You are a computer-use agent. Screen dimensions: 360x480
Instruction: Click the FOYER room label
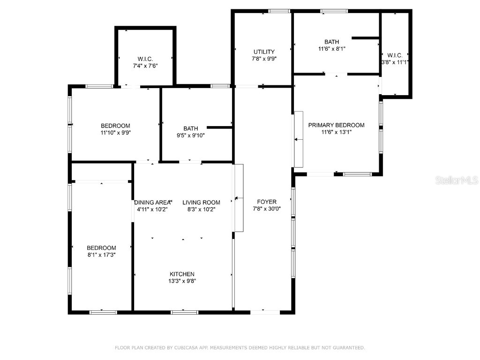(264, 202)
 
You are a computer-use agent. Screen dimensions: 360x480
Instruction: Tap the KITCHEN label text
(182, 274)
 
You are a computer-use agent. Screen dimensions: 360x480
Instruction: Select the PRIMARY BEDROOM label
(336, 125)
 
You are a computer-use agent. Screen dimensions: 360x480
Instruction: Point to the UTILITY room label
(264, 52)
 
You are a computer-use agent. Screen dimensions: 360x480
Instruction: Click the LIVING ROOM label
(201, 202)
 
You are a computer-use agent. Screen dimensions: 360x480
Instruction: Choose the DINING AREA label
(152, 202)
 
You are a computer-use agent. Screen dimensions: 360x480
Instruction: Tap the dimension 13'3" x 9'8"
(182, 281)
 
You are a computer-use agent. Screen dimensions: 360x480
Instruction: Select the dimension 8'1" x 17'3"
(101, 255)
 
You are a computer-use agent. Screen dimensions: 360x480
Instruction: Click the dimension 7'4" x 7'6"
(145, 66)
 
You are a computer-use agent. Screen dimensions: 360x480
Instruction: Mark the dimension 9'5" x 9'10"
(191, 135)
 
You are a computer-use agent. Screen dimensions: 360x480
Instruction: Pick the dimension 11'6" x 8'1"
(331, 48)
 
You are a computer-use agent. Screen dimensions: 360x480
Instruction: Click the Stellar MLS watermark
(456, 180)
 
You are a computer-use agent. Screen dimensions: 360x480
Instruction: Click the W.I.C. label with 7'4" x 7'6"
(145, 59)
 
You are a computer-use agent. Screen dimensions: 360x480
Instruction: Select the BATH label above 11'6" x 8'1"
(331, 42)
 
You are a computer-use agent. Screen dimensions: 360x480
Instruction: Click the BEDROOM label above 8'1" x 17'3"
(101, 248)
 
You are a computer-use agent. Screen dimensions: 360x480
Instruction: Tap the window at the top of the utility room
(279, 11)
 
